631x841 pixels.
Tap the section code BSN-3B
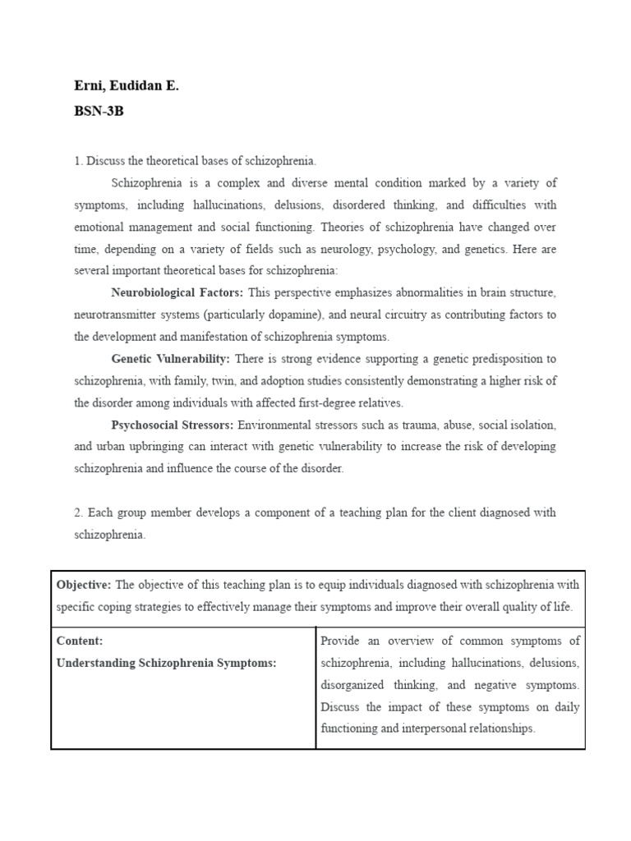[x=99, y=111]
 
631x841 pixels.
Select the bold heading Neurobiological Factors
[x=177, y=293]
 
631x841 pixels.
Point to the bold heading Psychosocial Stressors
[x=173, y=425]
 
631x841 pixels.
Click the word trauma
[x=417, y=425]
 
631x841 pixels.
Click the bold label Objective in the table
[x=83, y=585]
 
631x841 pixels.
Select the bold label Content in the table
[x=80, y=641]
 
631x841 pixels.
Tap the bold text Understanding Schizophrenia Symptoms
[x=166, y=663]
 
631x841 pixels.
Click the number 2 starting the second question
[x=77, y=512]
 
